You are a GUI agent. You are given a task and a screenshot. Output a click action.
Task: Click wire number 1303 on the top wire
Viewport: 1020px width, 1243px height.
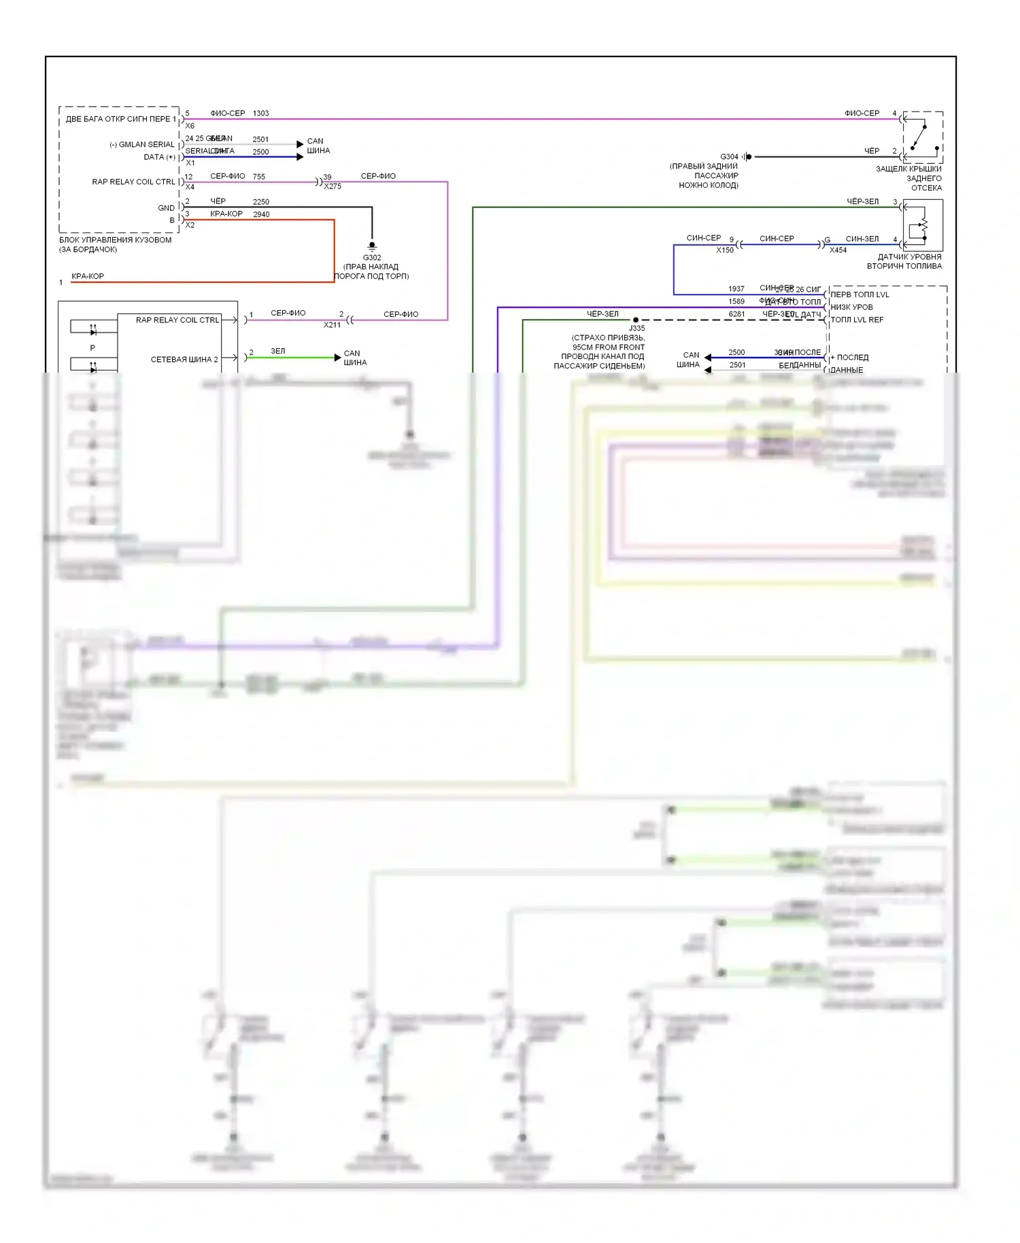click(260, 114)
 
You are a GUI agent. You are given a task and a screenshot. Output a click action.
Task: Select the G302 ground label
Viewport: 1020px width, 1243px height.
click(372, 258)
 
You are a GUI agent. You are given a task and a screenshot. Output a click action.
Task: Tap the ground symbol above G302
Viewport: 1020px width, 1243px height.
click(372, 246)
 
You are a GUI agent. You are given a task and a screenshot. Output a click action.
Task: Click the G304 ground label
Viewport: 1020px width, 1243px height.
click(729, 157)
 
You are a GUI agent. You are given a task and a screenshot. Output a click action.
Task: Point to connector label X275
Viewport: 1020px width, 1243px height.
click(333, 186)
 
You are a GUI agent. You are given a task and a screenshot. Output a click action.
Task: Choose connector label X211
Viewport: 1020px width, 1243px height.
click(332, 325)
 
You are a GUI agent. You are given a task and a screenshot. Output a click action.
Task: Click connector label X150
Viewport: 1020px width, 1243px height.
click(725, 250)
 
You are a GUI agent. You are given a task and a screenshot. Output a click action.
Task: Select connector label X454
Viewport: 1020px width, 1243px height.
click(838, 250)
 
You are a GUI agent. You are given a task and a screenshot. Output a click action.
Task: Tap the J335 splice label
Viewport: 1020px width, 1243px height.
click(636, 328)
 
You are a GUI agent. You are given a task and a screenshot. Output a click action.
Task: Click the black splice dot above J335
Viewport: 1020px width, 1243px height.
click(636, 320)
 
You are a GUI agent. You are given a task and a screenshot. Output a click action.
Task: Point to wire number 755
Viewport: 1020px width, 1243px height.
click(258, 177)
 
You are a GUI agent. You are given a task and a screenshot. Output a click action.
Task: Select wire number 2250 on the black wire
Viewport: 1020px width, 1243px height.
click(261, 202)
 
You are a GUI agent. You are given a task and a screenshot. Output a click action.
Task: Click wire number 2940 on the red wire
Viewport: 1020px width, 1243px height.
click(261, 215)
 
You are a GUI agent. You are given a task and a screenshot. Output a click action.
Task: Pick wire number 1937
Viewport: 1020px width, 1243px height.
click(736, 289)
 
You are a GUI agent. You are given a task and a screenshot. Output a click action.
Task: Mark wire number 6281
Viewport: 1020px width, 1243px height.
click(736, 314)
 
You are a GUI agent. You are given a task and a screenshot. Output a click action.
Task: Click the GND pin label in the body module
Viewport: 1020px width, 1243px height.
click(166, 208)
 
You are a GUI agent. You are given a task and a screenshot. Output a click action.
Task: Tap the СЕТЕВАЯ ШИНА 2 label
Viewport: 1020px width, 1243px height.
click(184, 360)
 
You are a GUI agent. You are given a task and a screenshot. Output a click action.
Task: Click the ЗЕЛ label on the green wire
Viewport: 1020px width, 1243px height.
click(278, 352)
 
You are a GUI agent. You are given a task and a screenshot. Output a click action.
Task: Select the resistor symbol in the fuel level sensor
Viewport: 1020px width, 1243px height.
click(923, 225)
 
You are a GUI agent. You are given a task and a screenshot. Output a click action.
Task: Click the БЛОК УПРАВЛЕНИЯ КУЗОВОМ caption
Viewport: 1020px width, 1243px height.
click(115, 240)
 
